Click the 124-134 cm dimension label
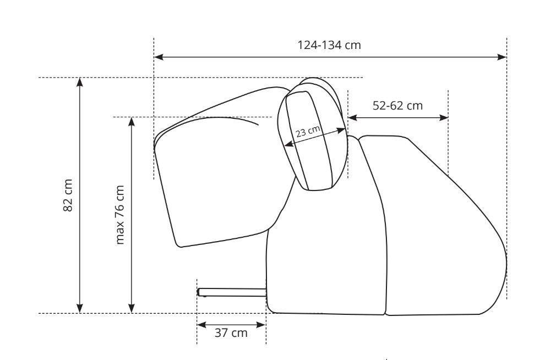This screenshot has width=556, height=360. tap(329, 45)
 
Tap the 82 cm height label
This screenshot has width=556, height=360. tap(68, 195)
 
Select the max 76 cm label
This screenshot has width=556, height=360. tap(120, 215)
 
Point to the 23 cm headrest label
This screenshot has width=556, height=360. tap(308, 132)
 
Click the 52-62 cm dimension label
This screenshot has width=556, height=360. tap(397, 106)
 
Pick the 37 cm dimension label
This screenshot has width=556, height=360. tap(231, 333)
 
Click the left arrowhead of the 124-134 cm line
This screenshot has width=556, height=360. tap(159, 57)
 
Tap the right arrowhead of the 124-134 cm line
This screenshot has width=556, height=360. tap(502, 57)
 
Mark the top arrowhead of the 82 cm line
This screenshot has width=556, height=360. tap(80, 82)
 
